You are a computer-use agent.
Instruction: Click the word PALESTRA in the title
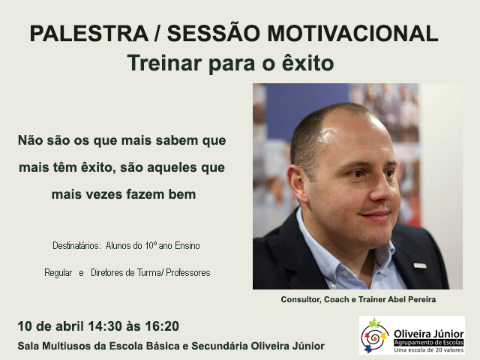[x=89, y=33]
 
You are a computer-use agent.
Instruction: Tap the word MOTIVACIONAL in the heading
[x=352, y=33]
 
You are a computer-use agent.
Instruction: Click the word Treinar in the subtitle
[x=165, y=63]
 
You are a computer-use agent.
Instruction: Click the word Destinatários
[x=76, y=245]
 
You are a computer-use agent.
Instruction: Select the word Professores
[x=188, y=272]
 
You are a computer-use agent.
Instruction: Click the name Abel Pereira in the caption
[x=412, y=299]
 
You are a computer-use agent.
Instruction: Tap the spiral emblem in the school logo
[x=374, y=336]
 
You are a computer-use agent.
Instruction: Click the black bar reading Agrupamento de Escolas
[x=428, y=343]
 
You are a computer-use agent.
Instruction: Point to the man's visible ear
[x=297, y=184]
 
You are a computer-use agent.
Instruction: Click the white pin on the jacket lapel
[x=420, y=265]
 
